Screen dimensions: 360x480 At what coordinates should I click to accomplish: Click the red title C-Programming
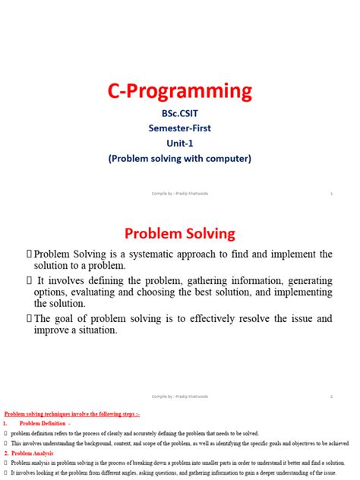pyautogui.click(x=179, y=92)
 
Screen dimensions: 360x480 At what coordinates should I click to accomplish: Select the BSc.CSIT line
pyautogui.click(x=179, y=115)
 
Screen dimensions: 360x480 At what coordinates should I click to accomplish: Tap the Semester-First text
pyautogui.click(x=179, y=129)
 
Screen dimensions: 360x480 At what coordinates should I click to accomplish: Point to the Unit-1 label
pyautogui.click(x=179, y=144)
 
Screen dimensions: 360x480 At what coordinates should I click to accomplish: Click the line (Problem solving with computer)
pyautogui.click(x=179, y=158)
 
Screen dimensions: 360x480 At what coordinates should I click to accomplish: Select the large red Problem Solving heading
pyautogui.click(x=179, y=232)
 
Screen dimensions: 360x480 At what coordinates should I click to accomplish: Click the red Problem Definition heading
pyautogui.click(x=45, y=423)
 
